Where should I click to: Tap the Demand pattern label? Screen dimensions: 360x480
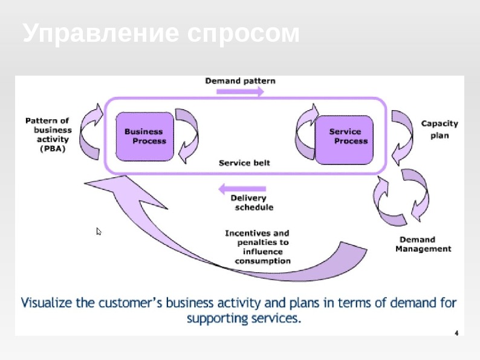[240, 80]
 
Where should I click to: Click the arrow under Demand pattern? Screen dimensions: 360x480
[240, 92]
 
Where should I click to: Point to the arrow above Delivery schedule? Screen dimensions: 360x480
[240, 188]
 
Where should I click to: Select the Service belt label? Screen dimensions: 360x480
[244, 163]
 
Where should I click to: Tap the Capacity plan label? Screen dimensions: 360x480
[439, 129]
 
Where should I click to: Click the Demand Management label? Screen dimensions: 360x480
[423, 244]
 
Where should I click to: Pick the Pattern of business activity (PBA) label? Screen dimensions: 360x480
[48, 134]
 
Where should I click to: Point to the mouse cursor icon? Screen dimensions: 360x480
[99, 231]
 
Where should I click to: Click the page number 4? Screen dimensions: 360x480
[456, 333]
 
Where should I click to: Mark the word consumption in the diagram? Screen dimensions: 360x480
[262, 261]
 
